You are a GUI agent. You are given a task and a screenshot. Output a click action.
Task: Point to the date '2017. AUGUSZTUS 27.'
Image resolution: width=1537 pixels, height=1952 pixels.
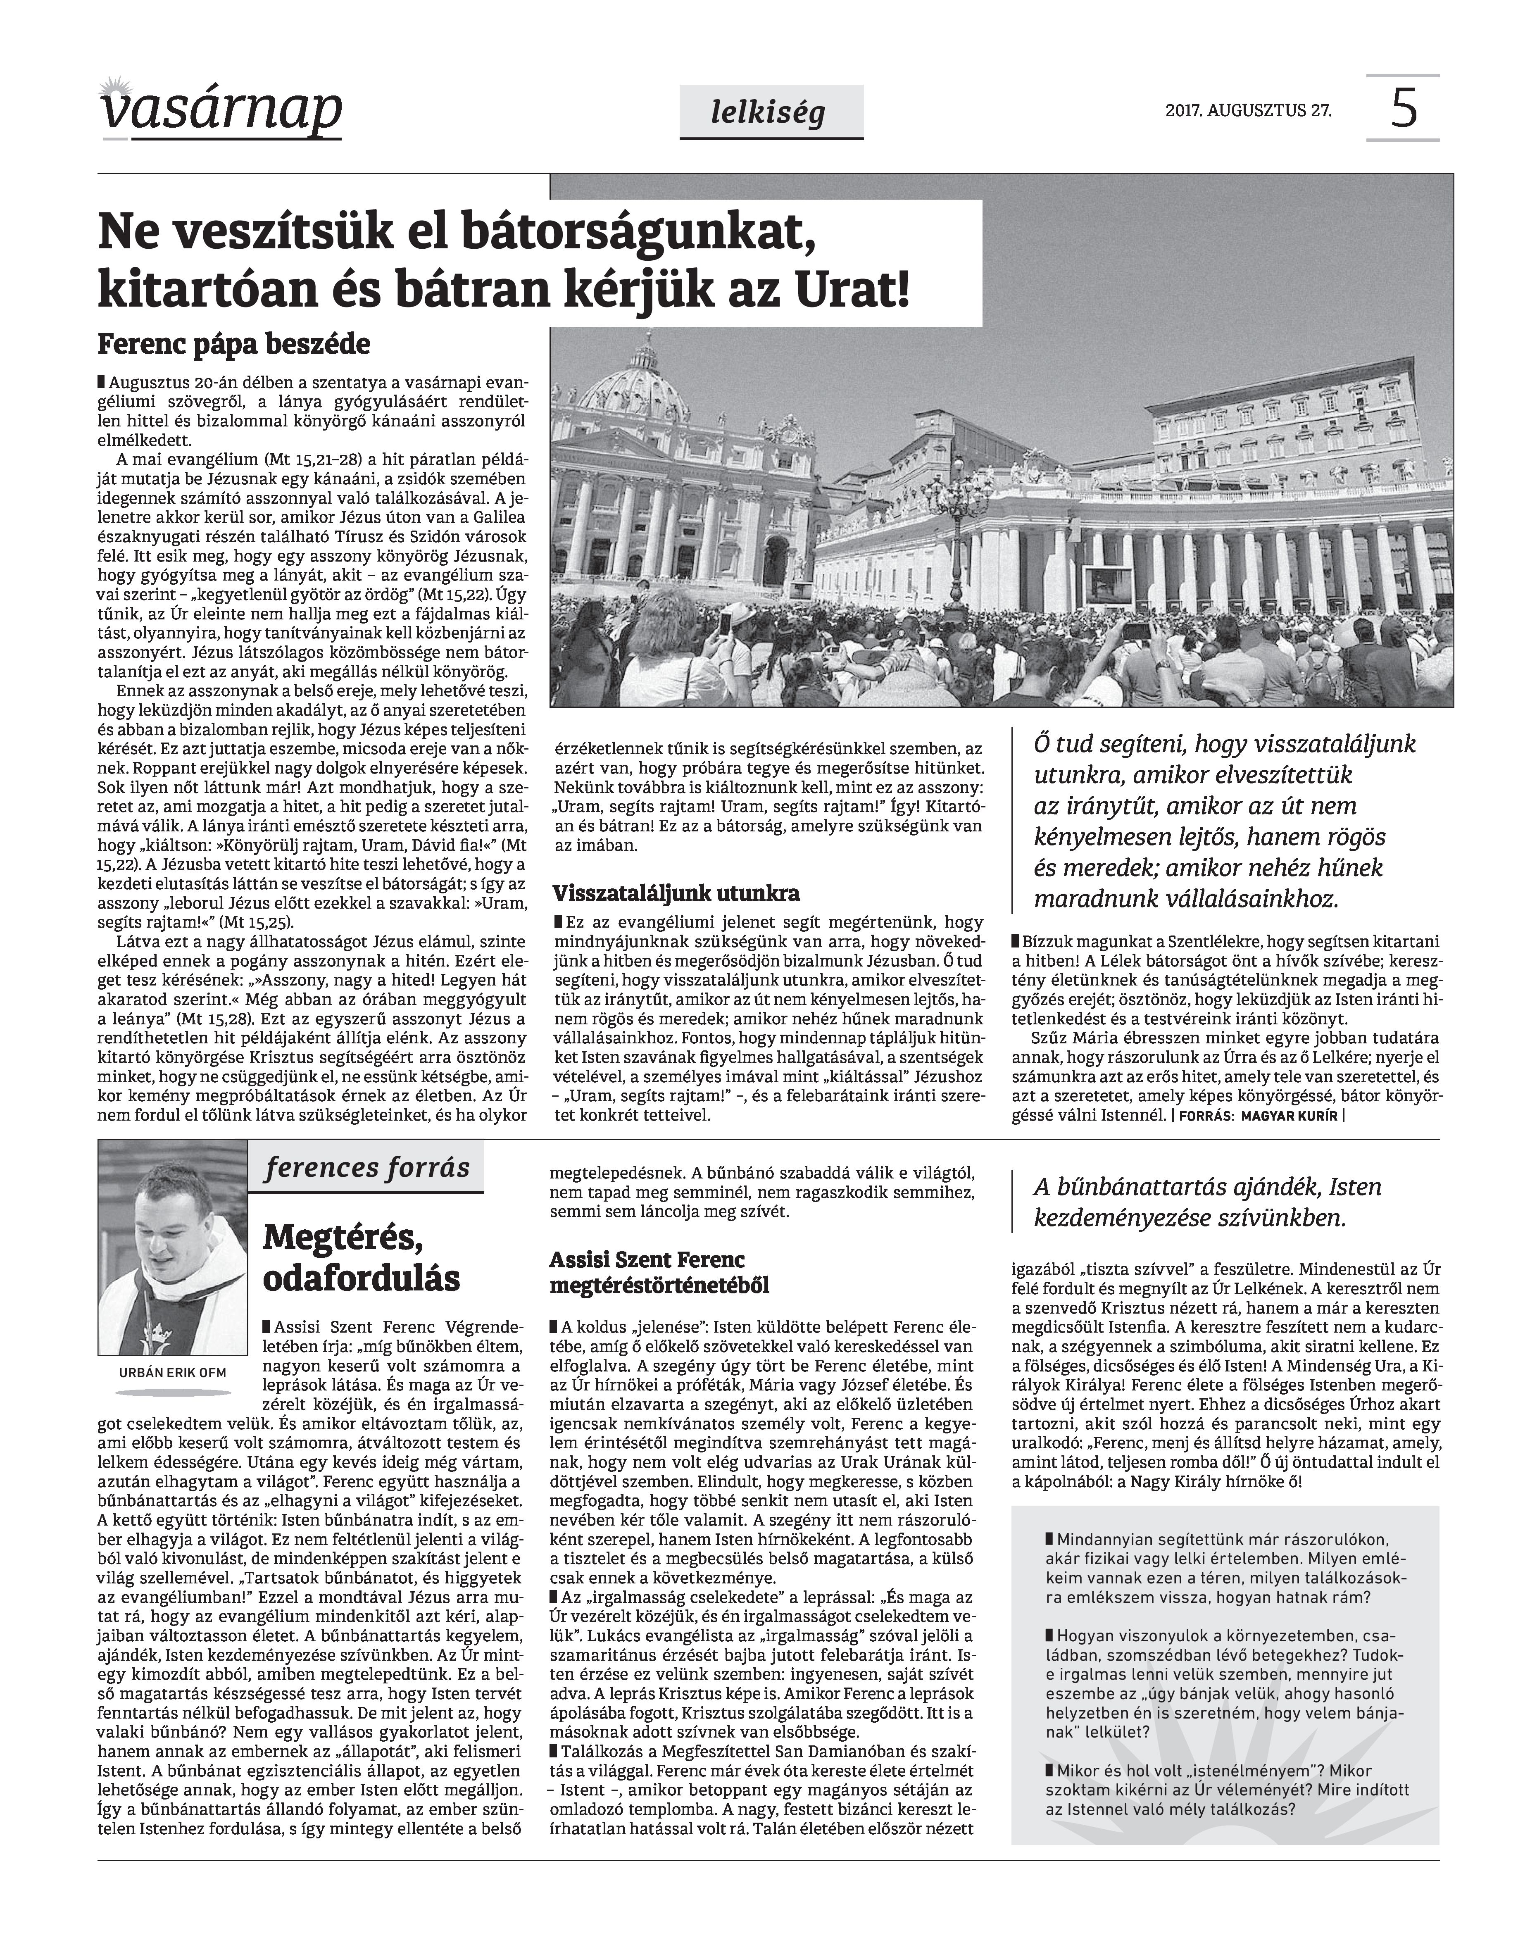click(x=1248, y=112)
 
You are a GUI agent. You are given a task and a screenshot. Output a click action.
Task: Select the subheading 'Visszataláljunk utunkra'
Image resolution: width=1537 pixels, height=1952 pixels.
click(x=676, y=894)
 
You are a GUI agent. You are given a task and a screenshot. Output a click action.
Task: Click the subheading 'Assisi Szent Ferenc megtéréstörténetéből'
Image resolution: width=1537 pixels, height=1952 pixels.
click(x=661, y=1271)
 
